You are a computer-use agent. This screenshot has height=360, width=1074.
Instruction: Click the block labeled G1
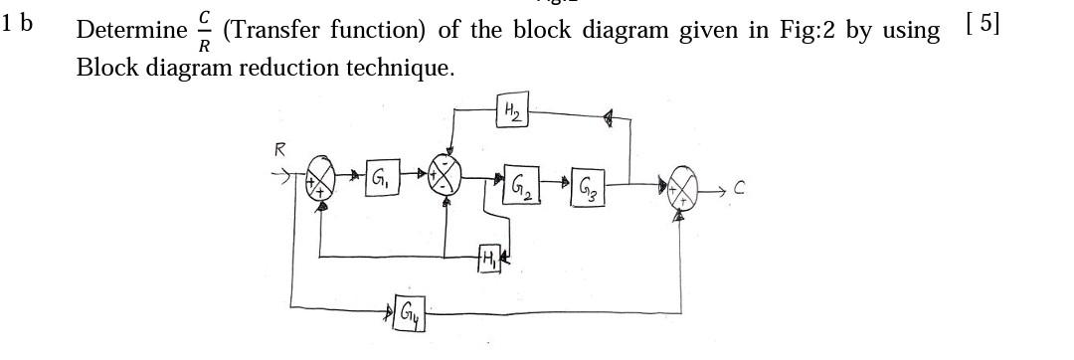tap(382, 180)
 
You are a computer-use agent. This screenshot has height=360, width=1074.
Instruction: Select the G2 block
tap(522, 185)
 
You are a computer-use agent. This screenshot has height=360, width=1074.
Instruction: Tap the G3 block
tap(587, 187)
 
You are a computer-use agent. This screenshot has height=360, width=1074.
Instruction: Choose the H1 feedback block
tap(489, 258)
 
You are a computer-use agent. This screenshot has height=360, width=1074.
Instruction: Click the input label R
tap(280, 150)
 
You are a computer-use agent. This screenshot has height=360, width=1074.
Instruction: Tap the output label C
tap(740, 187)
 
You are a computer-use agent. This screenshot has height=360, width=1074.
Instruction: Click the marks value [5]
tap(982, 23)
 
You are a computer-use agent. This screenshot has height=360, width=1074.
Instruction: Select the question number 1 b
tap(18, 24)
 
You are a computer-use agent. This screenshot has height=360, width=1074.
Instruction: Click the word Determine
tap(131, 30)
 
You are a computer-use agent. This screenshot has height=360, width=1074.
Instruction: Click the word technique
tap(412, 68)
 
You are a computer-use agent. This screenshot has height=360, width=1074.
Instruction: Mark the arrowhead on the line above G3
tap(608, 117)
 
